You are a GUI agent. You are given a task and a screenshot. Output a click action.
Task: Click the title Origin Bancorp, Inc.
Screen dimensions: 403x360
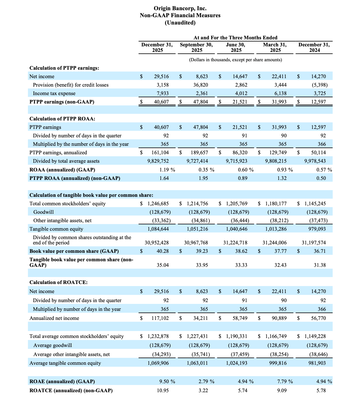(x=180, y=8)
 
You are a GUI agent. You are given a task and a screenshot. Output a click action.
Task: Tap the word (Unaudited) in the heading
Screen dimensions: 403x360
(x=180, y=22)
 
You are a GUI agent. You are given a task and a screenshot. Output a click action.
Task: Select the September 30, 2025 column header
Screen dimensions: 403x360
(x=196, y=47)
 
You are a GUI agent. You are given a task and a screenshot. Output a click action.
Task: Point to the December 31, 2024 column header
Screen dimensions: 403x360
(x=314, y=47)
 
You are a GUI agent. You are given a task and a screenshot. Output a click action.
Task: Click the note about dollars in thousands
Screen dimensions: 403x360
(x=235, y=60)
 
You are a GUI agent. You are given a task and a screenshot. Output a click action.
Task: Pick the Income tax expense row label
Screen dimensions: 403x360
(x=54, y=93)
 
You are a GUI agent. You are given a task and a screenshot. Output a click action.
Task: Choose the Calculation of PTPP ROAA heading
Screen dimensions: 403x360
(x=62, y=119)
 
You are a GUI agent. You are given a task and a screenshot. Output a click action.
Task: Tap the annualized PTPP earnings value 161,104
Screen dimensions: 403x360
(x=160, y=153)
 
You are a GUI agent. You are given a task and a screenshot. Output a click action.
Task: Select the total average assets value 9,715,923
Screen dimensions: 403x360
(x=237, y=161)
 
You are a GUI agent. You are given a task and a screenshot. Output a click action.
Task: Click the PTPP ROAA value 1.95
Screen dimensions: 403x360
(x=203, y=178)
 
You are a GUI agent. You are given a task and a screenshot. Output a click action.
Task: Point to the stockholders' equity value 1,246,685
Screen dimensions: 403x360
(x=158, y=204)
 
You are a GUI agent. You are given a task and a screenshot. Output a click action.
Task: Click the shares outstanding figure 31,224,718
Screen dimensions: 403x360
(x=235, y=243)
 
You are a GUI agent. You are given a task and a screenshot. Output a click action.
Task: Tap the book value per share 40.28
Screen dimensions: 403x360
(x=162, y=251)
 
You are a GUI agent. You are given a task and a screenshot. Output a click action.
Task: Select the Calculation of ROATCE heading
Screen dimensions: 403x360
(x=58, y=282)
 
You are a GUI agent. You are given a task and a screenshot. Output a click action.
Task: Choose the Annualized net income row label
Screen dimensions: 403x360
(x=54, y=318)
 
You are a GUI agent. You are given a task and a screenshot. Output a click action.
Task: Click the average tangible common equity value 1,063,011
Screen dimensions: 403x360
(x=198, y=363)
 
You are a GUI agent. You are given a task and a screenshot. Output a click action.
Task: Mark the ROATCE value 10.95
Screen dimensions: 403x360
(x=163, y=390)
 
